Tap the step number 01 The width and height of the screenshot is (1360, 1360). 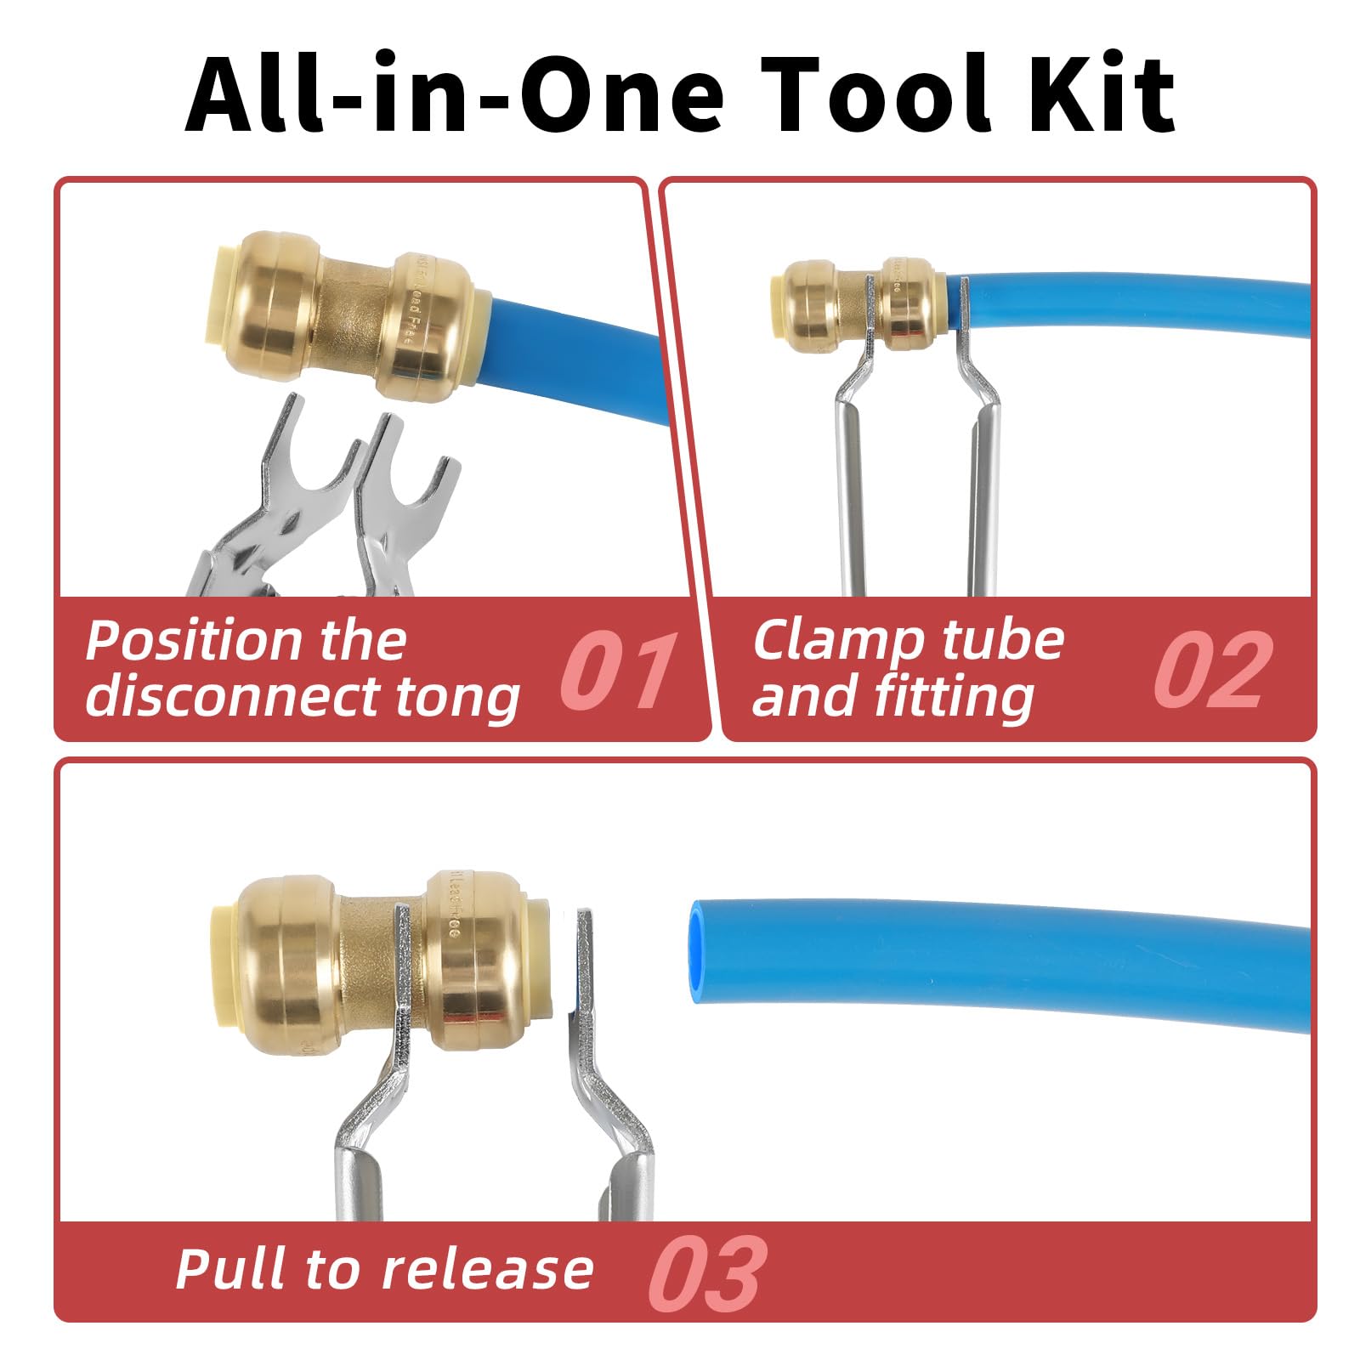[618, 671]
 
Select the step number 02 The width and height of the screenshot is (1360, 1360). [1213, 671]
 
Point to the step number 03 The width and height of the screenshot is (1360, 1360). [707, 1273]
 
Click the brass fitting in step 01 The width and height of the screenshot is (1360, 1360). [344, 314]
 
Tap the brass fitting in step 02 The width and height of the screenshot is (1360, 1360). [858, 304]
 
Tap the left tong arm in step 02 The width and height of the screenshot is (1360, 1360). [850, 476]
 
